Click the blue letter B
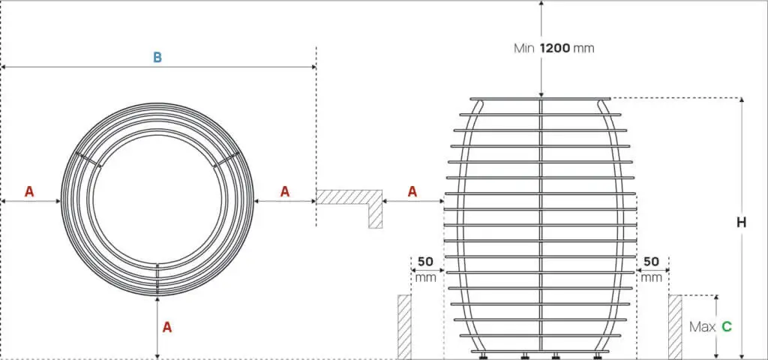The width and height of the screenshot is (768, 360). (157, 57)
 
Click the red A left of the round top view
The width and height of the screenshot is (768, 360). (29, 192)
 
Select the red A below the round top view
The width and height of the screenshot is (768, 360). (167, 327)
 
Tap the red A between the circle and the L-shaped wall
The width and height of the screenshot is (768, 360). (285, 192)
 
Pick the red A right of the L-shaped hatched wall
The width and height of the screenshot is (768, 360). (412, 192)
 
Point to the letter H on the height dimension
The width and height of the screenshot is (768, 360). (741, 223)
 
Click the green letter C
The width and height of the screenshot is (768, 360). (727, 327)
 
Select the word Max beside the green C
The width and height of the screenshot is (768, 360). (703, 327)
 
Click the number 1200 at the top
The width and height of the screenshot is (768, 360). (554, 48)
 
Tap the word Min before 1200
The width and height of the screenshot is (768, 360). (523, 48)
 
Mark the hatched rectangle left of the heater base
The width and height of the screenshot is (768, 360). (404, 326)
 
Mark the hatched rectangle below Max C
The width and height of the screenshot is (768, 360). (675, 326)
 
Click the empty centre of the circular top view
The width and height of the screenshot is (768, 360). (157, 199)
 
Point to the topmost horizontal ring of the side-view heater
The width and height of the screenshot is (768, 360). (540, 99)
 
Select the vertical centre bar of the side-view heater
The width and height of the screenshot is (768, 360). (541, 225)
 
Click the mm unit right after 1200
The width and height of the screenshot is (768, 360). (583, 48)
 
